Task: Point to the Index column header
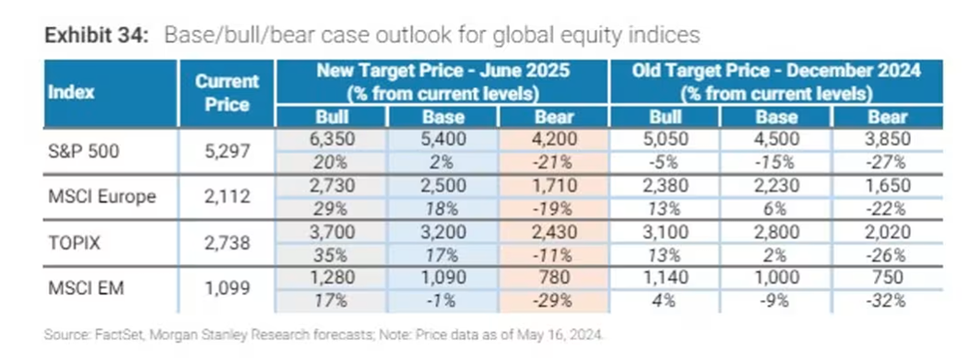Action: tap(72, 93)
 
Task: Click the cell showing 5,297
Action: tap(227, 150)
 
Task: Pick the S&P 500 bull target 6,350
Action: tap(332, 139)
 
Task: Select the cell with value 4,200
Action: tap(553, 139)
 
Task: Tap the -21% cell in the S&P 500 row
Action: tap(555, 162)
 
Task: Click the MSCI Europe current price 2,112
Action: tap(227, 196)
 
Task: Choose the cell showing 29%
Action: tap(332, 208)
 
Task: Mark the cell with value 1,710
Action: tap(553, 185)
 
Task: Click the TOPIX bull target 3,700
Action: tap(332, 231)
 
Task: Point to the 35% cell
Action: tap(332, 255)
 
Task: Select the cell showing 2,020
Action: tap(888, 231)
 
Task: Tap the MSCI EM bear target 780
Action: tap(553, 278)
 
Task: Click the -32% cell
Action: tap(888, 301)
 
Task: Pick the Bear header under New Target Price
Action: tap(554, 117)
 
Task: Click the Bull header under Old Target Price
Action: tap(666, 117)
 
